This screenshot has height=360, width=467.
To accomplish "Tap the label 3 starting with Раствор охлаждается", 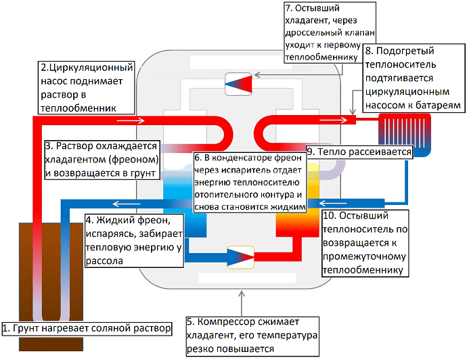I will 102,160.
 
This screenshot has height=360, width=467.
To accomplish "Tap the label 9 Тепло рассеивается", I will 359,152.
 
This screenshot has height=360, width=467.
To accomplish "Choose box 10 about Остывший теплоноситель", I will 366,243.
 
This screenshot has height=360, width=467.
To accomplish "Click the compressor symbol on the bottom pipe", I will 240,256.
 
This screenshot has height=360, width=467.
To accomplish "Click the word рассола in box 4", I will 104,263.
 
